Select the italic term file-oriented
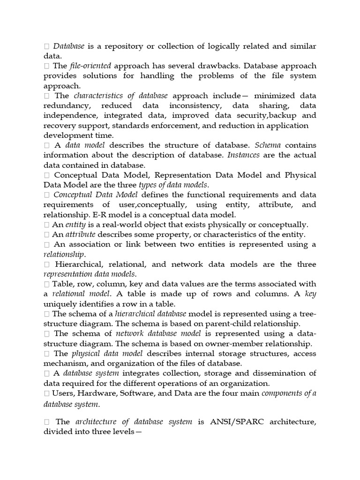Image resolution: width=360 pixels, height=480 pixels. pyautogui.click(x=91, y=66)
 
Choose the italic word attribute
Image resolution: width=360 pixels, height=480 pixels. pyautogui.click(x=80, y=234)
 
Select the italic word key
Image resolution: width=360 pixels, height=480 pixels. pyautogui.click(x=310, y=294)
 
